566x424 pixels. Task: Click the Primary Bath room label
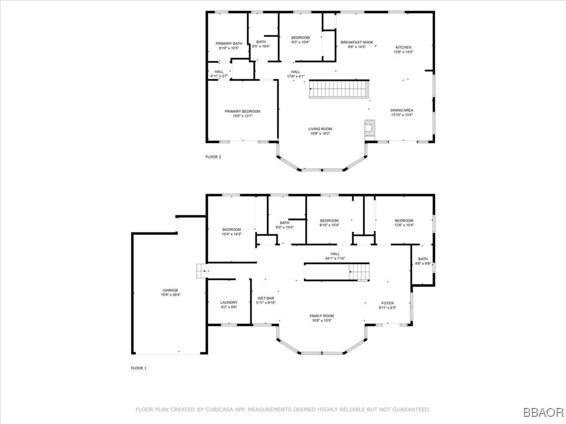click(229, 44)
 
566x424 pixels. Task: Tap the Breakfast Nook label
click(357, 43)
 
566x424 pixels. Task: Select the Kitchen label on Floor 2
click(403, 47)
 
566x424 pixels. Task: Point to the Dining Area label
click(402, 110)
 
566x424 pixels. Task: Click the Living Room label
click(320, 129)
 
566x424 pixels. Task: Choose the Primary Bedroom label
click(242, 112)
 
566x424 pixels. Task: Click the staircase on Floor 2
click(338, 89)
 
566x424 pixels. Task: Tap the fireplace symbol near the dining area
click(369, 129)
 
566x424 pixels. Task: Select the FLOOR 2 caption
click(213, 157)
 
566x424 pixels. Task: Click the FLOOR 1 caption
click(139, 368)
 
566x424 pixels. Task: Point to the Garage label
click(170, 290)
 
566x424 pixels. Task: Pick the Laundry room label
click(229, 303)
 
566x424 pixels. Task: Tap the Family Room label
click(321, 316)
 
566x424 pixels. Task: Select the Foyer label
click(387, 303)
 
